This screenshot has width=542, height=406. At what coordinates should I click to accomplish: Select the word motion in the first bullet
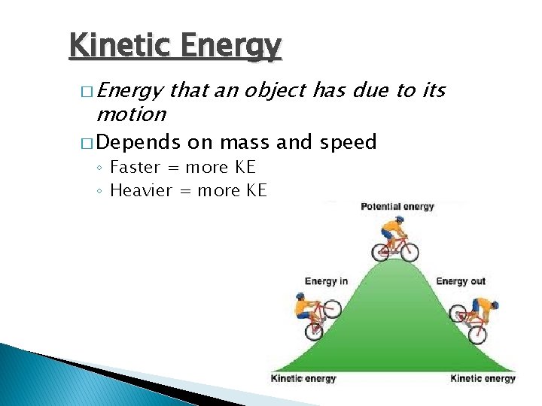(131, 114)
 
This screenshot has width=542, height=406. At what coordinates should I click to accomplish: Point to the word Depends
(139, 142)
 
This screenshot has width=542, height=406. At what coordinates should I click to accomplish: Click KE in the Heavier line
(256, 191)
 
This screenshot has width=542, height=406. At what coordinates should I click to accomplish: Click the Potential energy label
(397, 207)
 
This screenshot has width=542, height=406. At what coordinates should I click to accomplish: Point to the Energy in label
(326, 281)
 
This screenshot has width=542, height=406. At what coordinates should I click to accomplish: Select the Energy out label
(461, 281)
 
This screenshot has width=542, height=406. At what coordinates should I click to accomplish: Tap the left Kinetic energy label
(303, 378)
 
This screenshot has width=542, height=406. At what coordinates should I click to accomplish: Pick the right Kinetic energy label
(483, 378)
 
